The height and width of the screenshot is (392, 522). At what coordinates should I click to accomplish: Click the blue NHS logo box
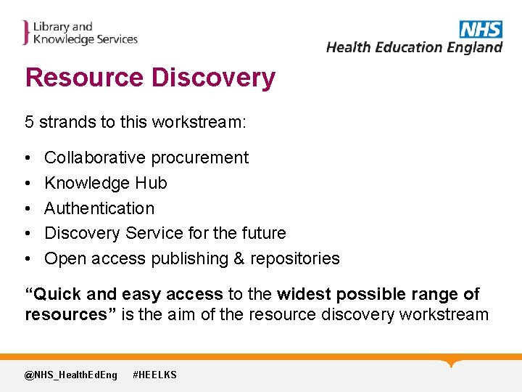click(481, 29)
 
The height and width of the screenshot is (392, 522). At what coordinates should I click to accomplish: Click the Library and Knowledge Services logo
click(80, 33)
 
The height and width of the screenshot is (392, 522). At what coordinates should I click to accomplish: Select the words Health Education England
click(414, 47)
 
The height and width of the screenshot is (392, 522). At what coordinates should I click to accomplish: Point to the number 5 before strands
click(30, 122)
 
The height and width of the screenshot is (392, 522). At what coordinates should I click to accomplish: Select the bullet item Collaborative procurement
click(146, 158)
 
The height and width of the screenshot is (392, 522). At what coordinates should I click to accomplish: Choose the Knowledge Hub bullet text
click(105, 183)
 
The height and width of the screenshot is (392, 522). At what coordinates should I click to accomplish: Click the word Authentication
click(99, 208)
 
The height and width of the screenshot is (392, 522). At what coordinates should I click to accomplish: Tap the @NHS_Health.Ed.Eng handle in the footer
click(70, 375)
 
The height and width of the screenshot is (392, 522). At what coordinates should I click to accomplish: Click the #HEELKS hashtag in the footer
click(154, 375)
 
